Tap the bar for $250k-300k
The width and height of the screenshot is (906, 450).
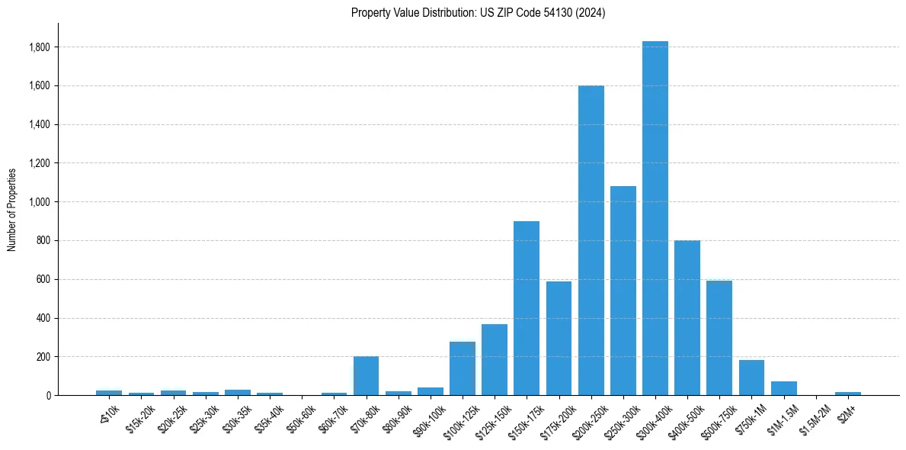[x=623, y=291]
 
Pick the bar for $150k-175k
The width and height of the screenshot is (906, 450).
[x=527, y=308]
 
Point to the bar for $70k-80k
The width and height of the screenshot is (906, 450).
[x=367, y=375]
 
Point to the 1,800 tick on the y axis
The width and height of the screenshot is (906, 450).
[x=40, y=47]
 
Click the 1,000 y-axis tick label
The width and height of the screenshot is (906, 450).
[x=40, y=202]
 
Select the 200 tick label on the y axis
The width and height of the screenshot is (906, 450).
[x=44, y=357]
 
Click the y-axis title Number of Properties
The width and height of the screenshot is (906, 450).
[x=12, y=209]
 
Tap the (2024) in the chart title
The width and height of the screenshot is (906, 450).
[x=589, y=13]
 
